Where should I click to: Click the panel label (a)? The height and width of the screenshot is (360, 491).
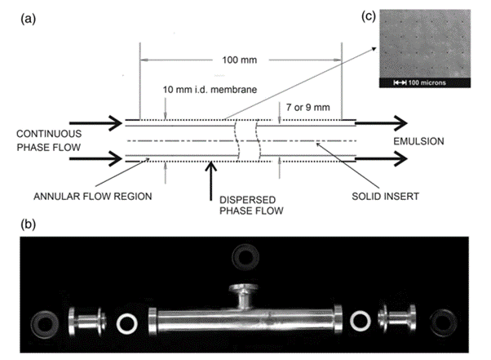pyautogui.click(x=29, y=19)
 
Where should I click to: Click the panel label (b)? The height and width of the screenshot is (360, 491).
pyautogui.click(x=29, y=224)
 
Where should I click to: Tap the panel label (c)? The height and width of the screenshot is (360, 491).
pyautogui.click(x=369, y=16)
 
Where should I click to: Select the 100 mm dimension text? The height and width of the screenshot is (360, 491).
pyautogui.click(x=240, y=60)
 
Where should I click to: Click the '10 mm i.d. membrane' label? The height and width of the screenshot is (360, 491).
pyautogui.click(x=210, y=90)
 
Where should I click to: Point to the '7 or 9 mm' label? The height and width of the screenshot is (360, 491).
pyautogui.click(x=307, y=108)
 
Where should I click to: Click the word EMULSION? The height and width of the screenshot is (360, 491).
pyautogui.click(x=418, y=141)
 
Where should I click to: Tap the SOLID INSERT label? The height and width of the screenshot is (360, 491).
pyautogui.click(x=385, y=197)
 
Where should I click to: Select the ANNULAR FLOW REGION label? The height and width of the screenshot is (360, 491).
pyautogui.click(x=93, y=197)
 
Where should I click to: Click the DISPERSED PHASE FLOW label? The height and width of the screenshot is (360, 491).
pyautogui.click(x=251, y=205)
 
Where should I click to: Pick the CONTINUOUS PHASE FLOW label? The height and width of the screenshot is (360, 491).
pyautogui.click(x=49, y=140)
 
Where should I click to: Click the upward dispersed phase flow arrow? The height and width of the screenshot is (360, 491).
pyautogui.click(x=211, y=180)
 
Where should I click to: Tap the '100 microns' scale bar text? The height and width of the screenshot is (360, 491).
pyautogui.click(x=427, y=82)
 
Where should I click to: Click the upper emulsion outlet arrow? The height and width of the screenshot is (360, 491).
pyautogui.click(x=381, y=123)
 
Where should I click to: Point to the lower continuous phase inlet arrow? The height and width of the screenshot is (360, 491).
pyautogui.click(x=95, y=158)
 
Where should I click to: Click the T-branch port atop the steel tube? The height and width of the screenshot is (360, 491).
pyautogui.click(x=244, y=296)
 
